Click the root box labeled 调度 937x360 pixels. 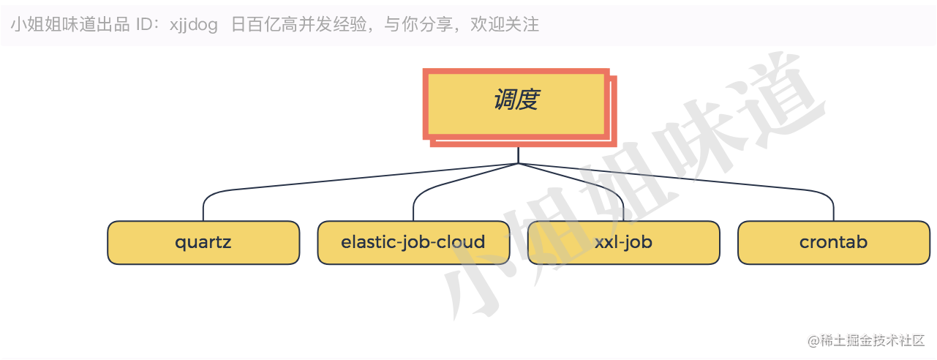(x=516, y=103)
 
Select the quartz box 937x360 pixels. (x=203, y=242)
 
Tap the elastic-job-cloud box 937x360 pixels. (x=413, y=242)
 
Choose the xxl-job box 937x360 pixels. (x=623, y=242)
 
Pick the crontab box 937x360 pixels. (x=833, y=242)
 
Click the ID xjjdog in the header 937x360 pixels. (x=194, y=25)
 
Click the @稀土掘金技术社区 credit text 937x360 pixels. (x=866, y=341)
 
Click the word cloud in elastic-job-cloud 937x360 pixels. (x=461, y=242)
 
